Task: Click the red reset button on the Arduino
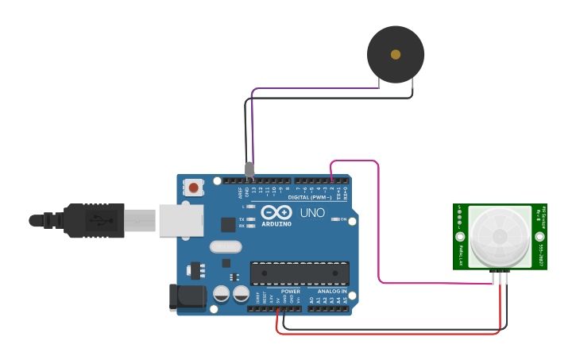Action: click(x=193, y=188)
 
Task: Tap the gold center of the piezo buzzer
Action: click(x=396, y=55)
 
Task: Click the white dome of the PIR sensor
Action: click(x=500, y=236)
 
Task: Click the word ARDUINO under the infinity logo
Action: click(x=276, y=224)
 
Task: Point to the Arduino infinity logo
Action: click(x=276, y=213)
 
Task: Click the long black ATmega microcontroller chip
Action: click(x=300, y=273)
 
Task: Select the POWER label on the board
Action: click(x=290, y=292)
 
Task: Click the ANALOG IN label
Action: click(x=332, y=292)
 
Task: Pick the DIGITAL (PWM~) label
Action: click(x=309, y=197)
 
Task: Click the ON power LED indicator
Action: click(x=335, y=219)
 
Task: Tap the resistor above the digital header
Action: click(x=249, y=168)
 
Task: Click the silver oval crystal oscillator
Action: click(x=226, y=246)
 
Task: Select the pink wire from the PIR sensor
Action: click(x=379, y=230)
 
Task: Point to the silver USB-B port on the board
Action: click(x=182, y=220)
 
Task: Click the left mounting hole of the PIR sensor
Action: click(x=459, y=237)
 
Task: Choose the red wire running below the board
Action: click(x=389, y=333)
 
